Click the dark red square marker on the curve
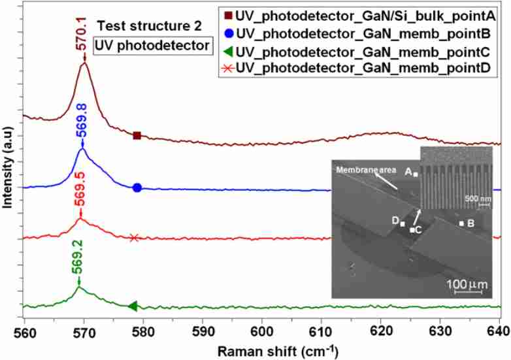(137, 136)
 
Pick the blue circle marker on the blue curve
(137, 188)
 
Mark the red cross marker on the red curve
(134, 238)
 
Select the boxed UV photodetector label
(152, 45)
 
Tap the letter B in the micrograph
(470, 223)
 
